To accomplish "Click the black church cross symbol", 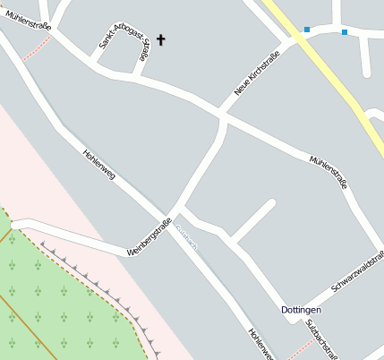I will pyautogui.click(x=161, y=39).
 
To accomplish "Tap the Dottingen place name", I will pyautogui.click(x=301, y=310).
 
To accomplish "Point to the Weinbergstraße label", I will pyautogui.click(x=149, y=237).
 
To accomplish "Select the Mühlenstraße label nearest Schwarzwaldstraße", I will pyautogui.click(x=328, y=171).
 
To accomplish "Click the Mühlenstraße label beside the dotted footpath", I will pyautogui.click(x=27, y=19).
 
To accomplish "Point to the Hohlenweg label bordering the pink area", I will pyautogui.click(x=98, y=164).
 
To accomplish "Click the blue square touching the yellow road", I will pyautogui.click(x=307, y=30).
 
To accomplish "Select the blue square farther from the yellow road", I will pyautogui.click(x=345, y=32).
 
